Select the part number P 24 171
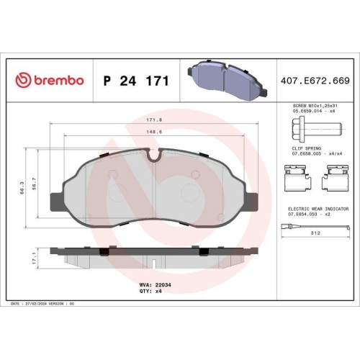136,81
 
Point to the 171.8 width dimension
153,120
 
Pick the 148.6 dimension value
153,132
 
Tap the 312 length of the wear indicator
315,233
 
